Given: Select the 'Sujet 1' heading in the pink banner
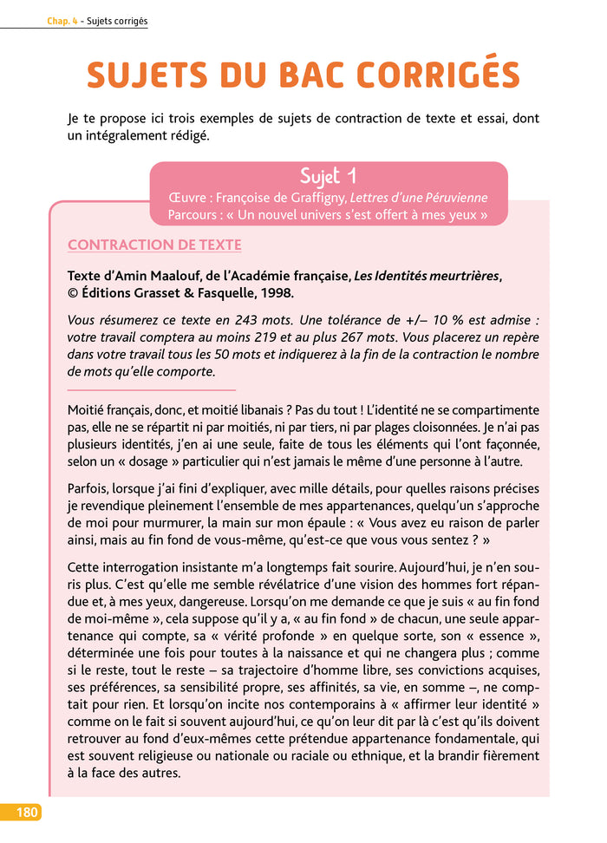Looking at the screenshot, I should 328,177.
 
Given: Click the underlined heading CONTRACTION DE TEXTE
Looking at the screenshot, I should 154,245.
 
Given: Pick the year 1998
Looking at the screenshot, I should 275,292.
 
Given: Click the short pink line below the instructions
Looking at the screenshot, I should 151,389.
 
